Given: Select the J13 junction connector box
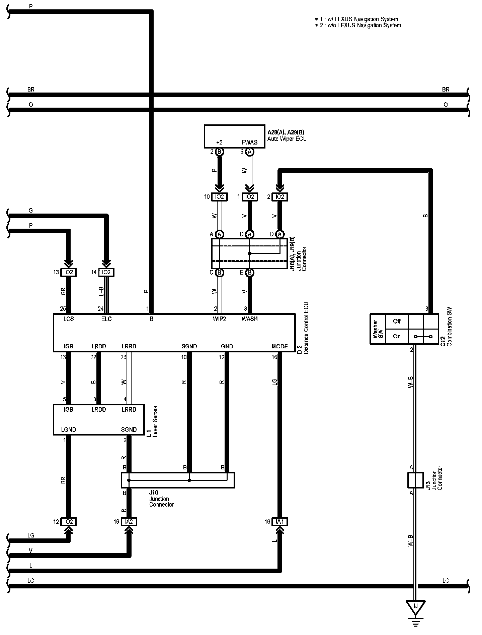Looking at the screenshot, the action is (415, 480).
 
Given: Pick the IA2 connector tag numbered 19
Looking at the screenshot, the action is (129, 522).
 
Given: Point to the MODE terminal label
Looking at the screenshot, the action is (280, 346).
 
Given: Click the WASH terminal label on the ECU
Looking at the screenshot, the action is (250, 319).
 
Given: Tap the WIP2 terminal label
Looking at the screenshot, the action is (220, 319).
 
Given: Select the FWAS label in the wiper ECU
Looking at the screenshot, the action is (250, 142).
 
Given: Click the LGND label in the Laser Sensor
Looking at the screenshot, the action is (69, 429).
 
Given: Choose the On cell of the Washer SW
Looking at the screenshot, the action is (397, 336).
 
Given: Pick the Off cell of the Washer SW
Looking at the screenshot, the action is (397, 321).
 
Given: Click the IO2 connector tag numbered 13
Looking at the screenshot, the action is (68, 272).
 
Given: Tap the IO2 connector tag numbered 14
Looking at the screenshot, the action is (106, 272).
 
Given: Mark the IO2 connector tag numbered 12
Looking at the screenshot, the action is (68, 522).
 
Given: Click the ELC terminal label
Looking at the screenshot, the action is (106, 319).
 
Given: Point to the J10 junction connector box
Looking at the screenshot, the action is (178, 480).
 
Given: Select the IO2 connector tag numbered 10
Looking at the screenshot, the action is (220, 197).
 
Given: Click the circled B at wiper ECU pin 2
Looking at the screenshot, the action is (220, 152).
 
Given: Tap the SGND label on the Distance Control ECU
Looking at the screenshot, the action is (189, 346).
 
